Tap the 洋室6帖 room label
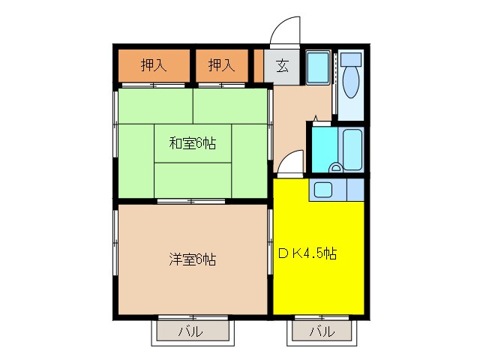tap(192, 260)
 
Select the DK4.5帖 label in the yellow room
tap(307, 253)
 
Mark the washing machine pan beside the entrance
tap(318, 68)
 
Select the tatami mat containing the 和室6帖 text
tap(192, 142)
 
